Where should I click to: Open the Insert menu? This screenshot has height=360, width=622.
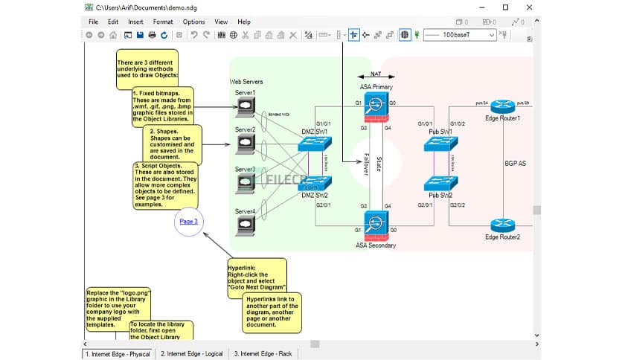[135, 22]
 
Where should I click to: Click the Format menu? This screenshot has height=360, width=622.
[162, 22]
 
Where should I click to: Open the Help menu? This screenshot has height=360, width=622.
[244, 22]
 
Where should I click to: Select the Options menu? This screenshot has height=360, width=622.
[193, 22]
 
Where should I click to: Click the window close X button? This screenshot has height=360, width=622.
[528, 7]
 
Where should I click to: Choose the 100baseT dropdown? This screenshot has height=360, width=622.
[461, 35]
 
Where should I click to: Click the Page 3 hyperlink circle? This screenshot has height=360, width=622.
[189, 221]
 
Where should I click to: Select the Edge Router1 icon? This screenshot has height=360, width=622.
[502, 104]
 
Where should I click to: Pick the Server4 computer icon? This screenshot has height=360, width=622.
[245, 228]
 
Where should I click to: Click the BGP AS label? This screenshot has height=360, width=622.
[514, 162]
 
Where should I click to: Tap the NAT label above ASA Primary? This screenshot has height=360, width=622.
[376, 74]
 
